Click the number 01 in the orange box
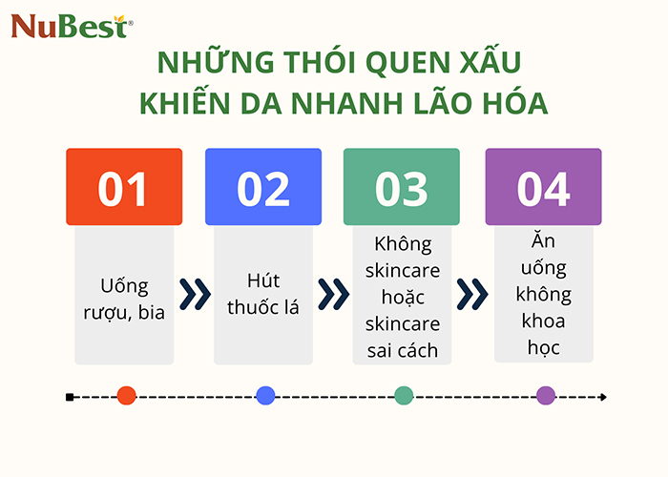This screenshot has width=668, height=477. click(x=124, y=189)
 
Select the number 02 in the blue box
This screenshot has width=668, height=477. click(x=262, y=189)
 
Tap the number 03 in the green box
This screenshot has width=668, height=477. click(x=401, y=189)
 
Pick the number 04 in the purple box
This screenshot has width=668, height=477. click(x=543, y=189)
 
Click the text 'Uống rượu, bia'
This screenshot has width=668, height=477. click(x=124, y=297)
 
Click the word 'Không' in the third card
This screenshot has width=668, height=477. click(x=401, y=243)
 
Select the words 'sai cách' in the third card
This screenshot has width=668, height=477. click(x=402, y=350)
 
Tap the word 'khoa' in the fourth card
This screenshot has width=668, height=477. click(x=543, y=321)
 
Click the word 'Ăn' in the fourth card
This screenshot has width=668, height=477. click(x=543, y=242)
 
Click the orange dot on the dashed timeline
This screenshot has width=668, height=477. click(x=126, y=396)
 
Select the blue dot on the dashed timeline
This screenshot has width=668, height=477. click(x=265, y=396)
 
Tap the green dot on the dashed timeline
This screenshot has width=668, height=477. click(x=404, y=396)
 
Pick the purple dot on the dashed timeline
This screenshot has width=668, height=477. click(x=546, y=396)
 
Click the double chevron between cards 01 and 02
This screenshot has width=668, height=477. click(x=194, y=295)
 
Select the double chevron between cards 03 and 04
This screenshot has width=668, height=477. click(x=472, y=295)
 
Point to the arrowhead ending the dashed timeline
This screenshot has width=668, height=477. click(x=602, y=396)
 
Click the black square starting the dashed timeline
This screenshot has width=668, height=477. click(x=70, y=396)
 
